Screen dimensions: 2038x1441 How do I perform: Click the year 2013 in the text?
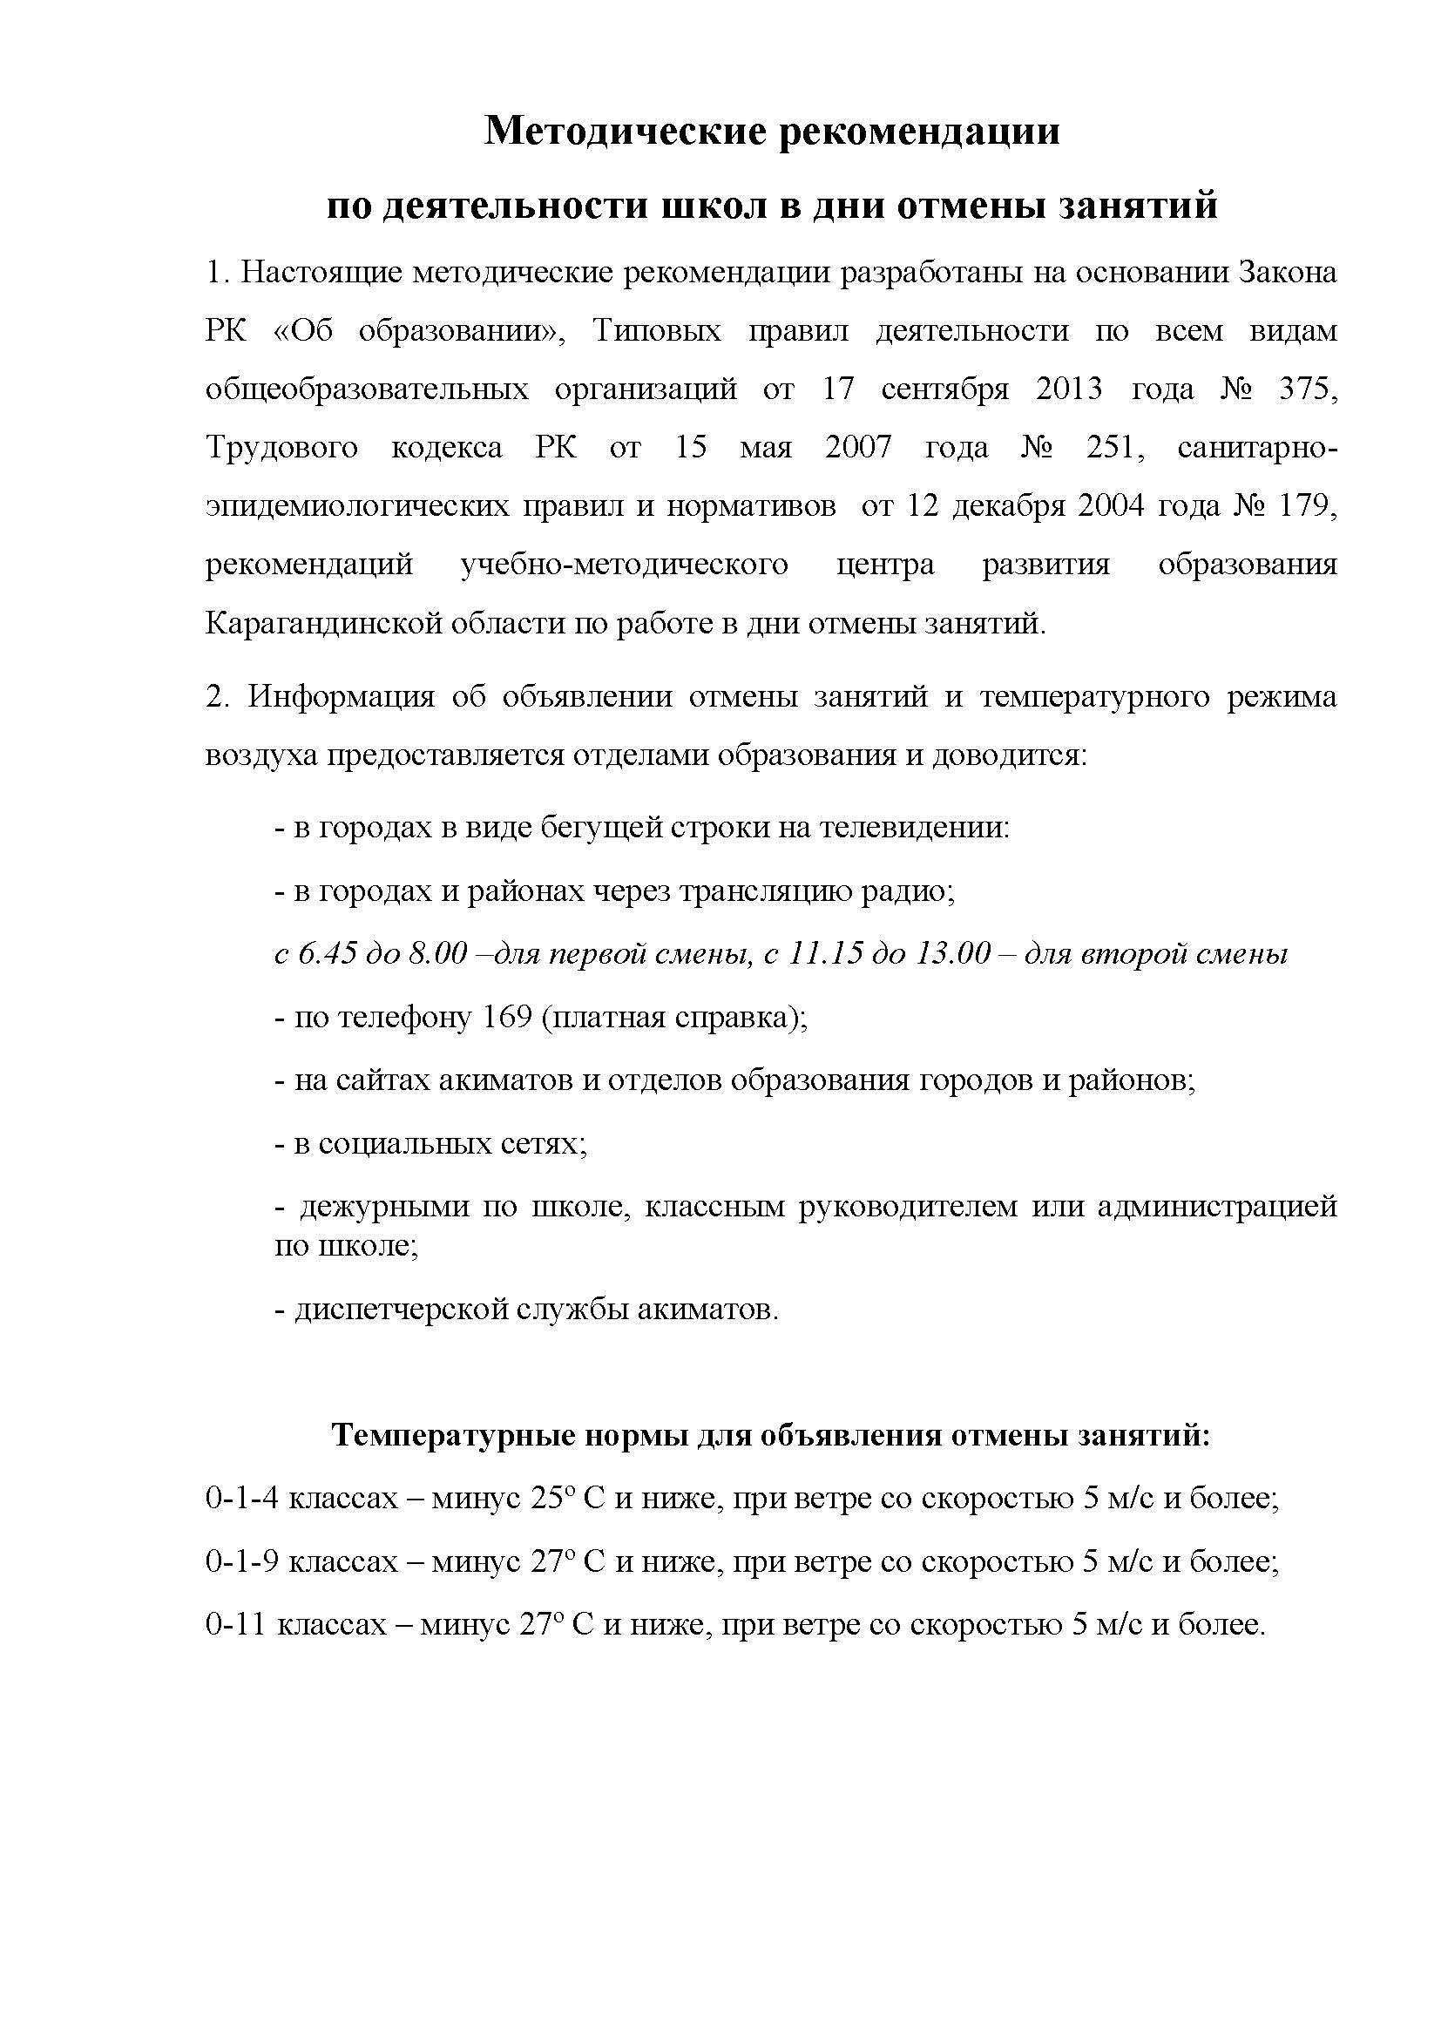1068,389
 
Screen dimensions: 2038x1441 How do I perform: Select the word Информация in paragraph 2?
341,697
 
